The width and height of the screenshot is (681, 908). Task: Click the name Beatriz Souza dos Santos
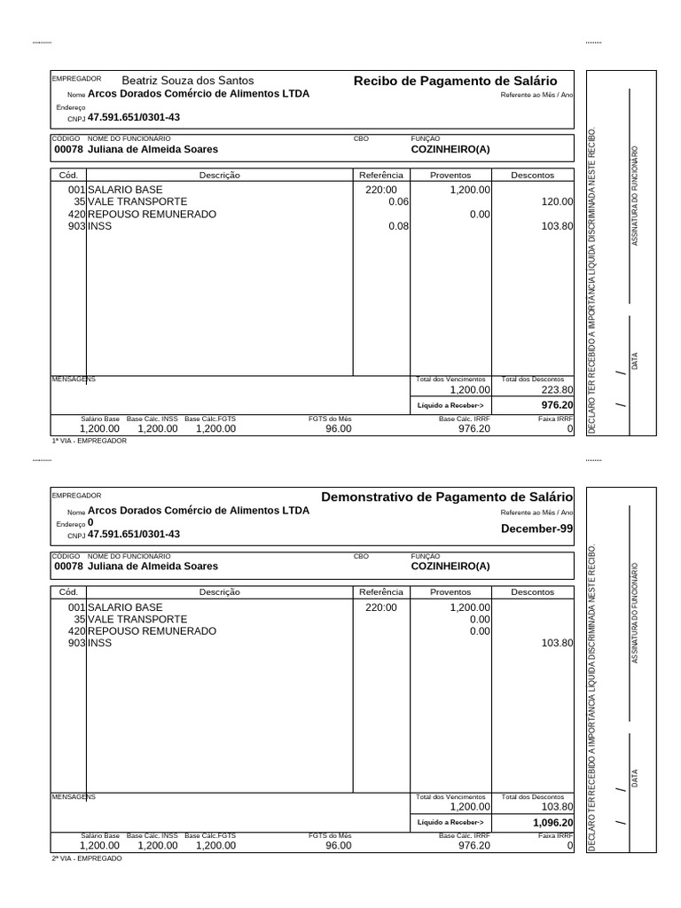[186, 81]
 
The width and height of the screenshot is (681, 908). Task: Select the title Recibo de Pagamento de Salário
[455, 81]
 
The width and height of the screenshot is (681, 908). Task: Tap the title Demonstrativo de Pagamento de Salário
[446, 497]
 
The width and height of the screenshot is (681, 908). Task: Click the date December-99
[536, 528]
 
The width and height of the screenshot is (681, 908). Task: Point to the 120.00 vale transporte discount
[557, 202]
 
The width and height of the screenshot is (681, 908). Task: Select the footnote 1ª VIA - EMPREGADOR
[89, 441]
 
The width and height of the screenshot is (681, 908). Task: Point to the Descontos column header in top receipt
[532, 176]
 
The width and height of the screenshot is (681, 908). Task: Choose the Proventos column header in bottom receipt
[450, 592]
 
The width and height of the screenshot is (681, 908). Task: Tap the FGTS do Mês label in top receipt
[330, 418]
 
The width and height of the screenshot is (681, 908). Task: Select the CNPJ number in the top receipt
[134, 117]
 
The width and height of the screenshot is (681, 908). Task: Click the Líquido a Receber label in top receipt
[450, 405]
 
